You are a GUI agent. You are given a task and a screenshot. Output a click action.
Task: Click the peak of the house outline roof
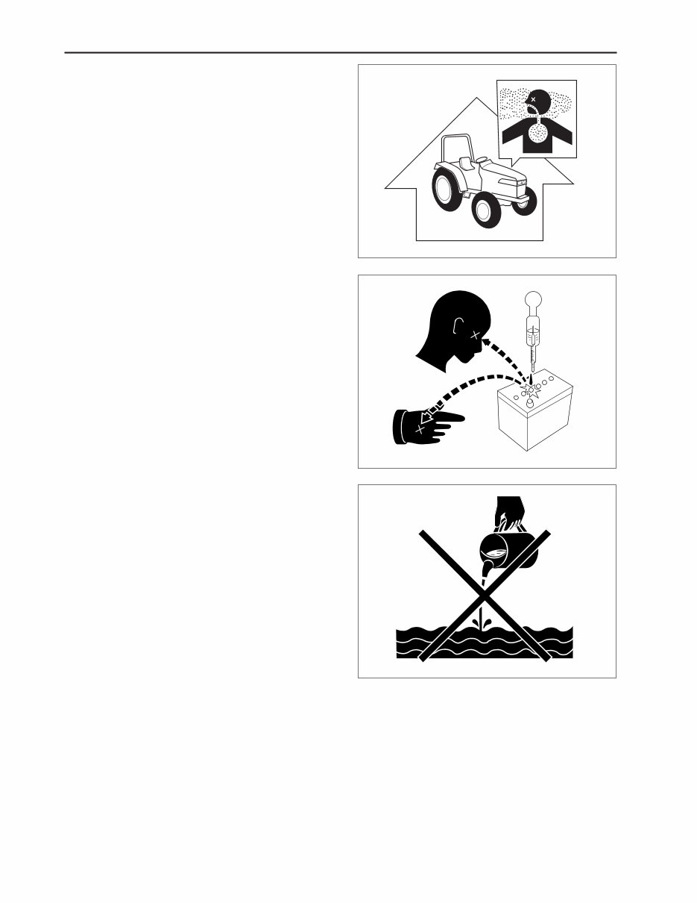pos(479,99)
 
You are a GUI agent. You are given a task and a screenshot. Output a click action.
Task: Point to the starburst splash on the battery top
pos(531,387)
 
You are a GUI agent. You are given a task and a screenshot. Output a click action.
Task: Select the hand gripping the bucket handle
pos(511,514)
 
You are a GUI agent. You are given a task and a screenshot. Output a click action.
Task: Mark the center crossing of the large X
pos(485,595)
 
